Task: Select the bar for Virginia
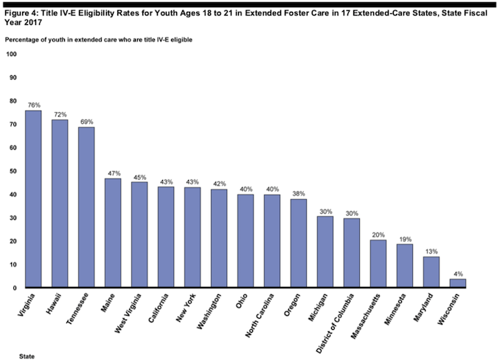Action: coord(33,199)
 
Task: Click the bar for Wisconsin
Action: coord(458,283)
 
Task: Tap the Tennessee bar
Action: coord(86,207)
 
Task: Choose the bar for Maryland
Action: coord(431,272)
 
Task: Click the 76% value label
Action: coord(33,105)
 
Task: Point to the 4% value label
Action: coord(458,273)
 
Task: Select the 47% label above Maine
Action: coord(113,173)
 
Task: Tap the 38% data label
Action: coord(299,193)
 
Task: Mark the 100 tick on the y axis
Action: coord(11,55)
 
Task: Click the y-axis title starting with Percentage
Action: coord(98,38)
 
